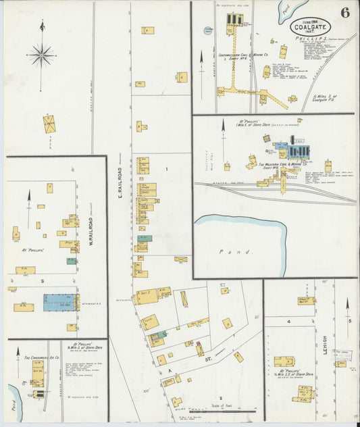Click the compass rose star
pyautogui.click(x=42, y=53)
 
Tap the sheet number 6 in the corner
pyautogui.click(x=345, y=13)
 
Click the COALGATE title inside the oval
pyautogui.click(x=312, y=28)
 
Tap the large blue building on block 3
pyautogui.click(x=60, y=302)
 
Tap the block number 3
pyautogui.click(x=43, y=280)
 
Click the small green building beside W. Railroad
pyautogui.click(x=71, y=261)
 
